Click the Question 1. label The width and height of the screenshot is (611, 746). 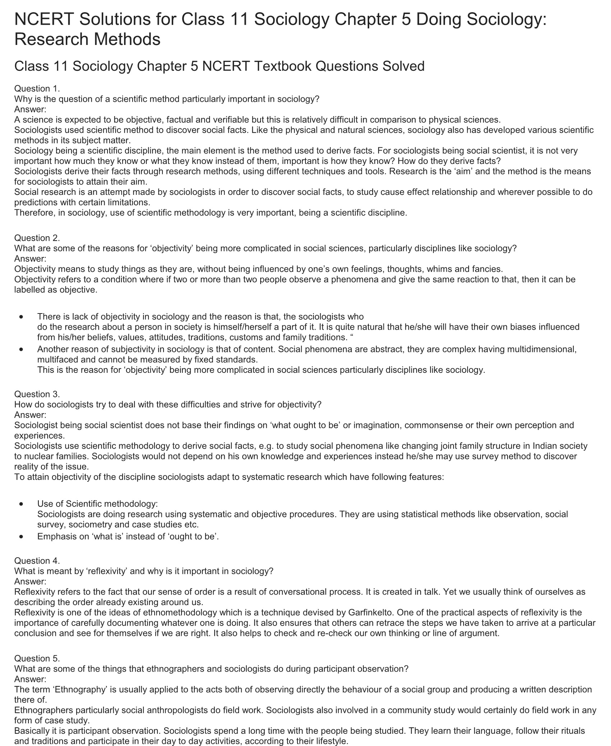coord(37,88)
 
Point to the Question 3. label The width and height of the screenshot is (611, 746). coord(37,394)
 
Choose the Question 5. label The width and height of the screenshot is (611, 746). coord(37,658)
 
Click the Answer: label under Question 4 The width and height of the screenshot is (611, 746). coord(30,581)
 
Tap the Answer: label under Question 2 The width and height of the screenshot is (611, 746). coord(30,258)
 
